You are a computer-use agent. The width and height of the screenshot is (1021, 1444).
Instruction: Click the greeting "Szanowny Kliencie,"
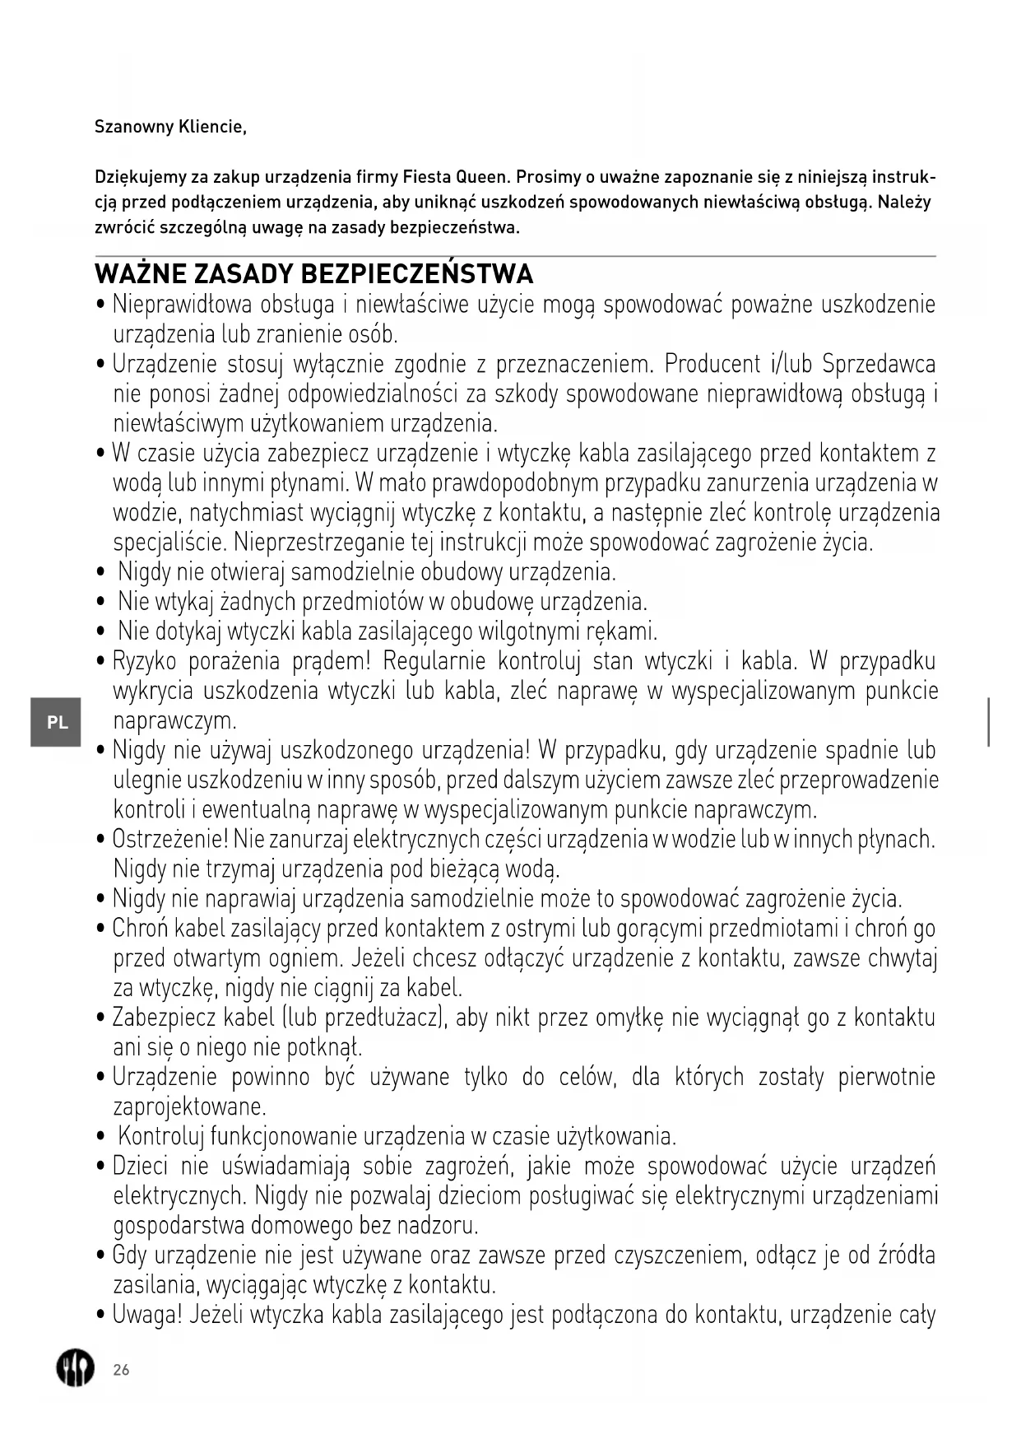[x=170, y=127]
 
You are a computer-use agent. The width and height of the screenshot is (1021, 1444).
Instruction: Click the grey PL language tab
[x=56, y=722]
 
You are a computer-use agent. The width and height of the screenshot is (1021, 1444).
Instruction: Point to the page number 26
[x=121, y=1370]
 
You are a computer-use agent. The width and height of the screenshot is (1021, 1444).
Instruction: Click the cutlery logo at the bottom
[x=75, y=1368]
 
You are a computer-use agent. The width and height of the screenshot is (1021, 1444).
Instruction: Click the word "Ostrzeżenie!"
[x=169, y=840]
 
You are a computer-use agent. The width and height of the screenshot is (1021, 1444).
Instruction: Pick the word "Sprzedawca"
[x=879, y=364]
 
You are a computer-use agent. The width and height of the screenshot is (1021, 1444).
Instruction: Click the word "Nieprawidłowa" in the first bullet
[x=182, y=305]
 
